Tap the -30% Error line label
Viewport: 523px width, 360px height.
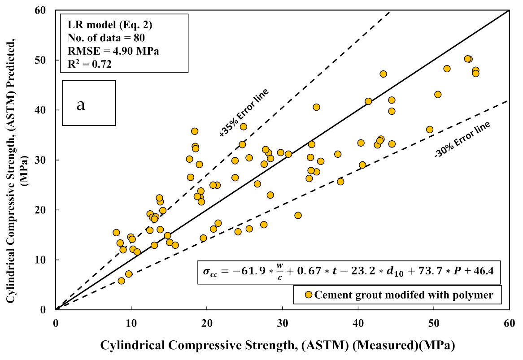pyautogui.click(x=462, y=139)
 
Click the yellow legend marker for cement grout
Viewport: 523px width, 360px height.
pyautogui.click(x=308, y=295)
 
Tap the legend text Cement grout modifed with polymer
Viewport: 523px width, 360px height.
pyautogui.click(x=404, y=295)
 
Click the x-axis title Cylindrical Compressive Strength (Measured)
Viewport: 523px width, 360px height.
pyautogui.click(x=278, y=345)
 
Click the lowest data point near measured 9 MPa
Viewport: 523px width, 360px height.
pyautogui.click(x=121, y=281)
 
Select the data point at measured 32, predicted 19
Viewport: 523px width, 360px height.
pyautogui.click(x=298, y=215)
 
